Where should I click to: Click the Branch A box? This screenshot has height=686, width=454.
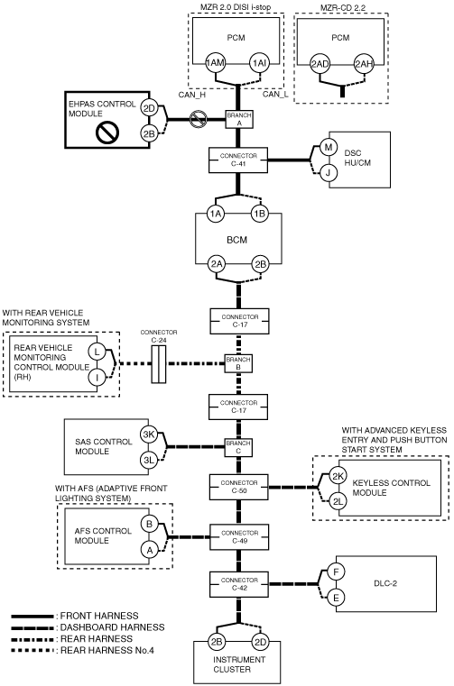pyautogui.click(x=239, y=119)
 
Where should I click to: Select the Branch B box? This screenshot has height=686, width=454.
pyautogui.click(x=238, y=363)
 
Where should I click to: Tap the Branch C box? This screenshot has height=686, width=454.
pyautogui.click(x=238, y=447)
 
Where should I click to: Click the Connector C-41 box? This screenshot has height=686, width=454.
pyautogui.click(x=238, y=160)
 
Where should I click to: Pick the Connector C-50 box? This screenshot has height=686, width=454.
pyautogui.click(x=239, y=487)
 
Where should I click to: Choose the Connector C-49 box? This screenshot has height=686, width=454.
pyautogui.click(x=239, y=537)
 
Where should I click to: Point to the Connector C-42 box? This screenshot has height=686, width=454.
pyautogui.click(x=239, y=584)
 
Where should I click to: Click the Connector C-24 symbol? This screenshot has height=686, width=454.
pyautogui.click(x=159, y=364)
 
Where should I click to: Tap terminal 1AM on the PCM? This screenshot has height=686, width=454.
pyautogui.click(x=215, y=63)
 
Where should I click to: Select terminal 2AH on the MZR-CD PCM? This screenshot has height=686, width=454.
pyautogui.click(x=364, y=64)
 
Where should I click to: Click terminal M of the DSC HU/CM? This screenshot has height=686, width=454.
pyautogui.click(x=328, y=148)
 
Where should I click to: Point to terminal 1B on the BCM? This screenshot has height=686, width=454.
pyautogui.click(x=259, y=214)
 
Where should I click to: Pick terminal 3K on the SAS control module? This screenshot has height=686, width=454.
pyautogui.click(x=149, y=434)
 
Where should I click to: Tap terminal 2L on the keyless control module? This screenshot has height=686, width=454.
pyautogui.click(x=338, y=501)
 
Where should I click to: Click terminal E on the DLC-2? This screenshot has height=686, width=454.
pyautogui.click(x=336, y=598)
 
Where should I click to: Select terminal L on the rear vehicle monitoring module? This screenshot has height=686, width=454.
pyautogui.click(x=97, y=352)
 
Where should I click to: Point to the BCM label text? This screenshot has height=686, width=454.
pyautogui.click(x=237, y=240)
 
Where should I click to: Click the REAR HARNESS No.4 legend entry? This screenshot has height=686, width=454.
pyautogui.click(x=82, y=650)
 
